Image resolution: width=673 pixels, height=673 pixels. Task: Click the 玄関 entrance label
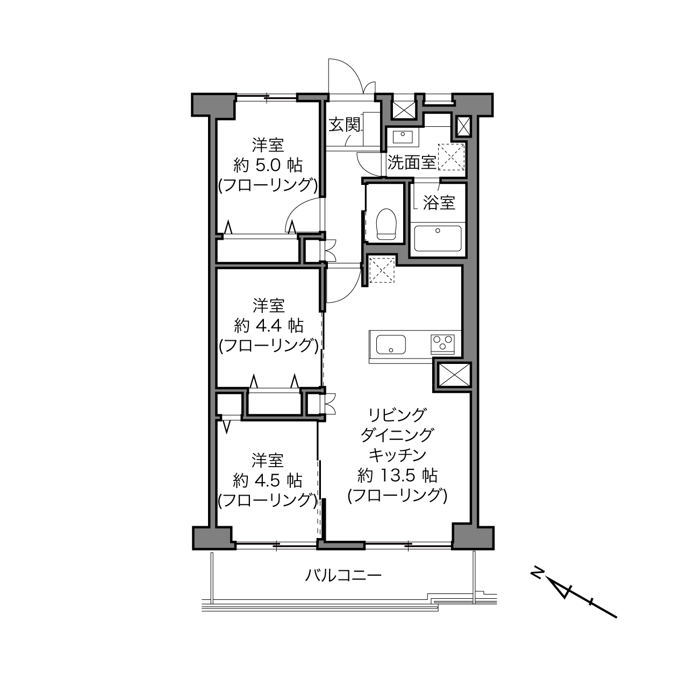(345, 125)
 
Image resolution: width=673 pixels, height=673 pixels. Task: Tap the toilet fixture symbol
(386, 224)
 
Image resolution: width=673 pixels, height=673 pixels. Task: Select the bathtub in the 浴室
(438, 238)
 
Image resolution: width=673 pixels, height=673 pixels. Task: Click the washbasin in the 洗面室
(403, 137)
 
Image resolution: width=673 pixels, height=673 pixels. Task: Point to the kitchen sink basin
(391, 345)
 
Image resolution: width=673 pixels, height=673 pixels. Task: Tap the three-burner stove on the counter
(443, 345)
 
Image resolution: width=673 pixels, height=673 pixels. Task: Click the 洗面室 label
(412, 162)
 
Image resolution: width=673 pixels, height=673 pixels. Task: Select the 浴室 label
(439, 203)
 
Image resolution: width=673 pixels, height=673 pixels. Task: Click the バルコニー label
(343, 575)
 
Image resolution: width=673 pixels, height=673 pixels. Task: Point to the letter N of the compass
(536, 574)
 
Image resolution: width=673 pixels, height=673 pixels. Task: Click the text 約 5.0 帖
(268, 165)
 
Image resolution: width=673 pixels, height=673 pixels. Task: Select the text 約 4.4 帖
(268, 326)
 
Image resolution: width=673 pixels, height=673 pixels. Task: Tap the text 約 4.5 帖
(268, 481)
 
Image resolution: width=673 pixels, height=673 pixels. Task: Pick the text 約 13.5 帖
(397, 475)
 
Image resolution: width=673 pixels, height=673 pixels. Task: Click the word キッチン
(397, 455)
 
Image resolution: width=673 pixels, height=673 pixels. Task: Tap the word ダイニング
(397, 435)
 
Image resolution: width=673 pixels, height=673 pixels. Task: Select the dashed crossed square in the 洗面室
(451, 157)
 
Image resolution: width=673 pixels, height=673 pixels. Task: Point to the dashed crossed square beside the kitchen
(382, 269)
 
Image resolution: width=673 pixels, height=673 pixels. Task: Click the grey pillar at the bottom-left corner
(213, 538)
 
